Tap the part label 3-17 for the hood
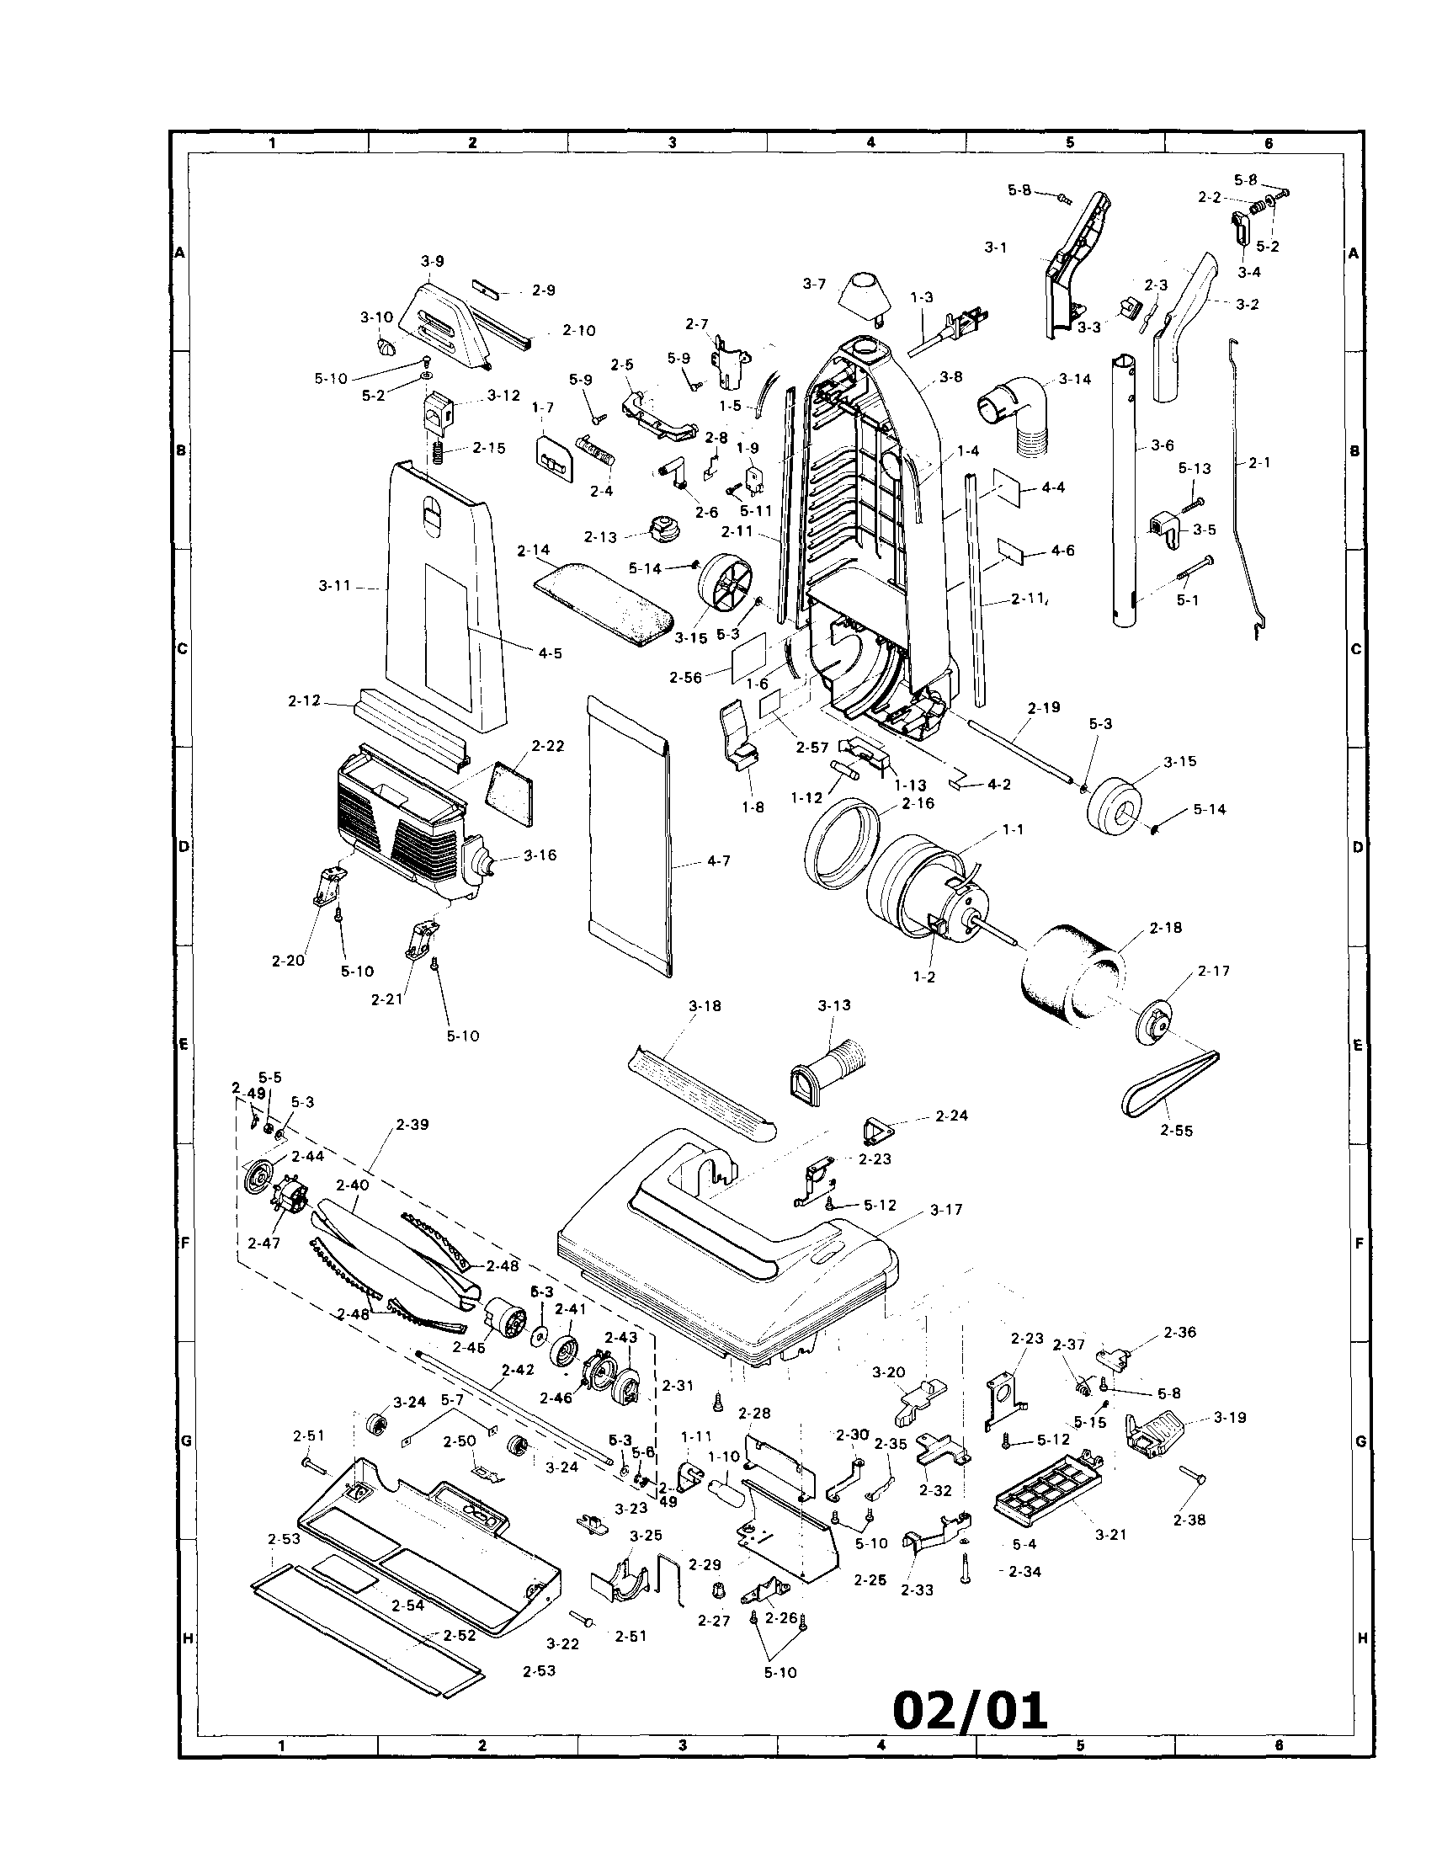click(x=946, y=1209)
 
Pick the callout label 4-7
click(x=718, y=861)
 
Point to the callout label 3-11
click(x=335, y=585)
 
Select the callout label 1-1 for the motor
click(x=1014, y=828)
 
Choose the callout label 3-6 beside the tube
click(x=1163, y=445)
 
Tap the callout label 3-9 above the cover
click(x=433, y=262)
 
